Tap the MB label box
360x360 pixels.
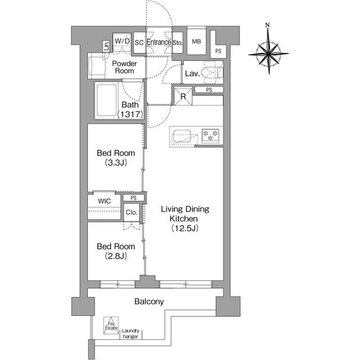(196, 42)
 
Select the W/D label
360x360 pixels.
(122, 42)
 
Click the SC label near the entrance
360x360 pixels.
(139, 42)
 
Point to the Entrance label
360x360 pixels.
(159, 42)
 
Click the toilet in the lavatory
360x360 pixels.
(212, 73)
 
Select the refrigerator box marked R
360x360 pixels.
(183, 96)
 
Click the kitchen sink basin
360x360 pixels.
(182, 136)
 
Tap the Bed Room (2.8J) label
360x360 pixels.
(115, 251)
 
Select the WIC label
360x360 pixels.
(104, 201)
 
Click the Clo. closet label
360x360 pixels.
(132, 213)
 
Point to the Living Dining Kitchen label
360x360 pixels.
(185, 218)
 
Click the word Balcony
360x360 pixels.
(149, 301)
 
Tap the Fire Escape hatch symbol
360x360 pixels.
(111, 326)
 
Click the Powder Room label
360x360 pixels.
(124, 67)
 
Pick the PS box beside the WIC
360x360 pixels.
(133, 197)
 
